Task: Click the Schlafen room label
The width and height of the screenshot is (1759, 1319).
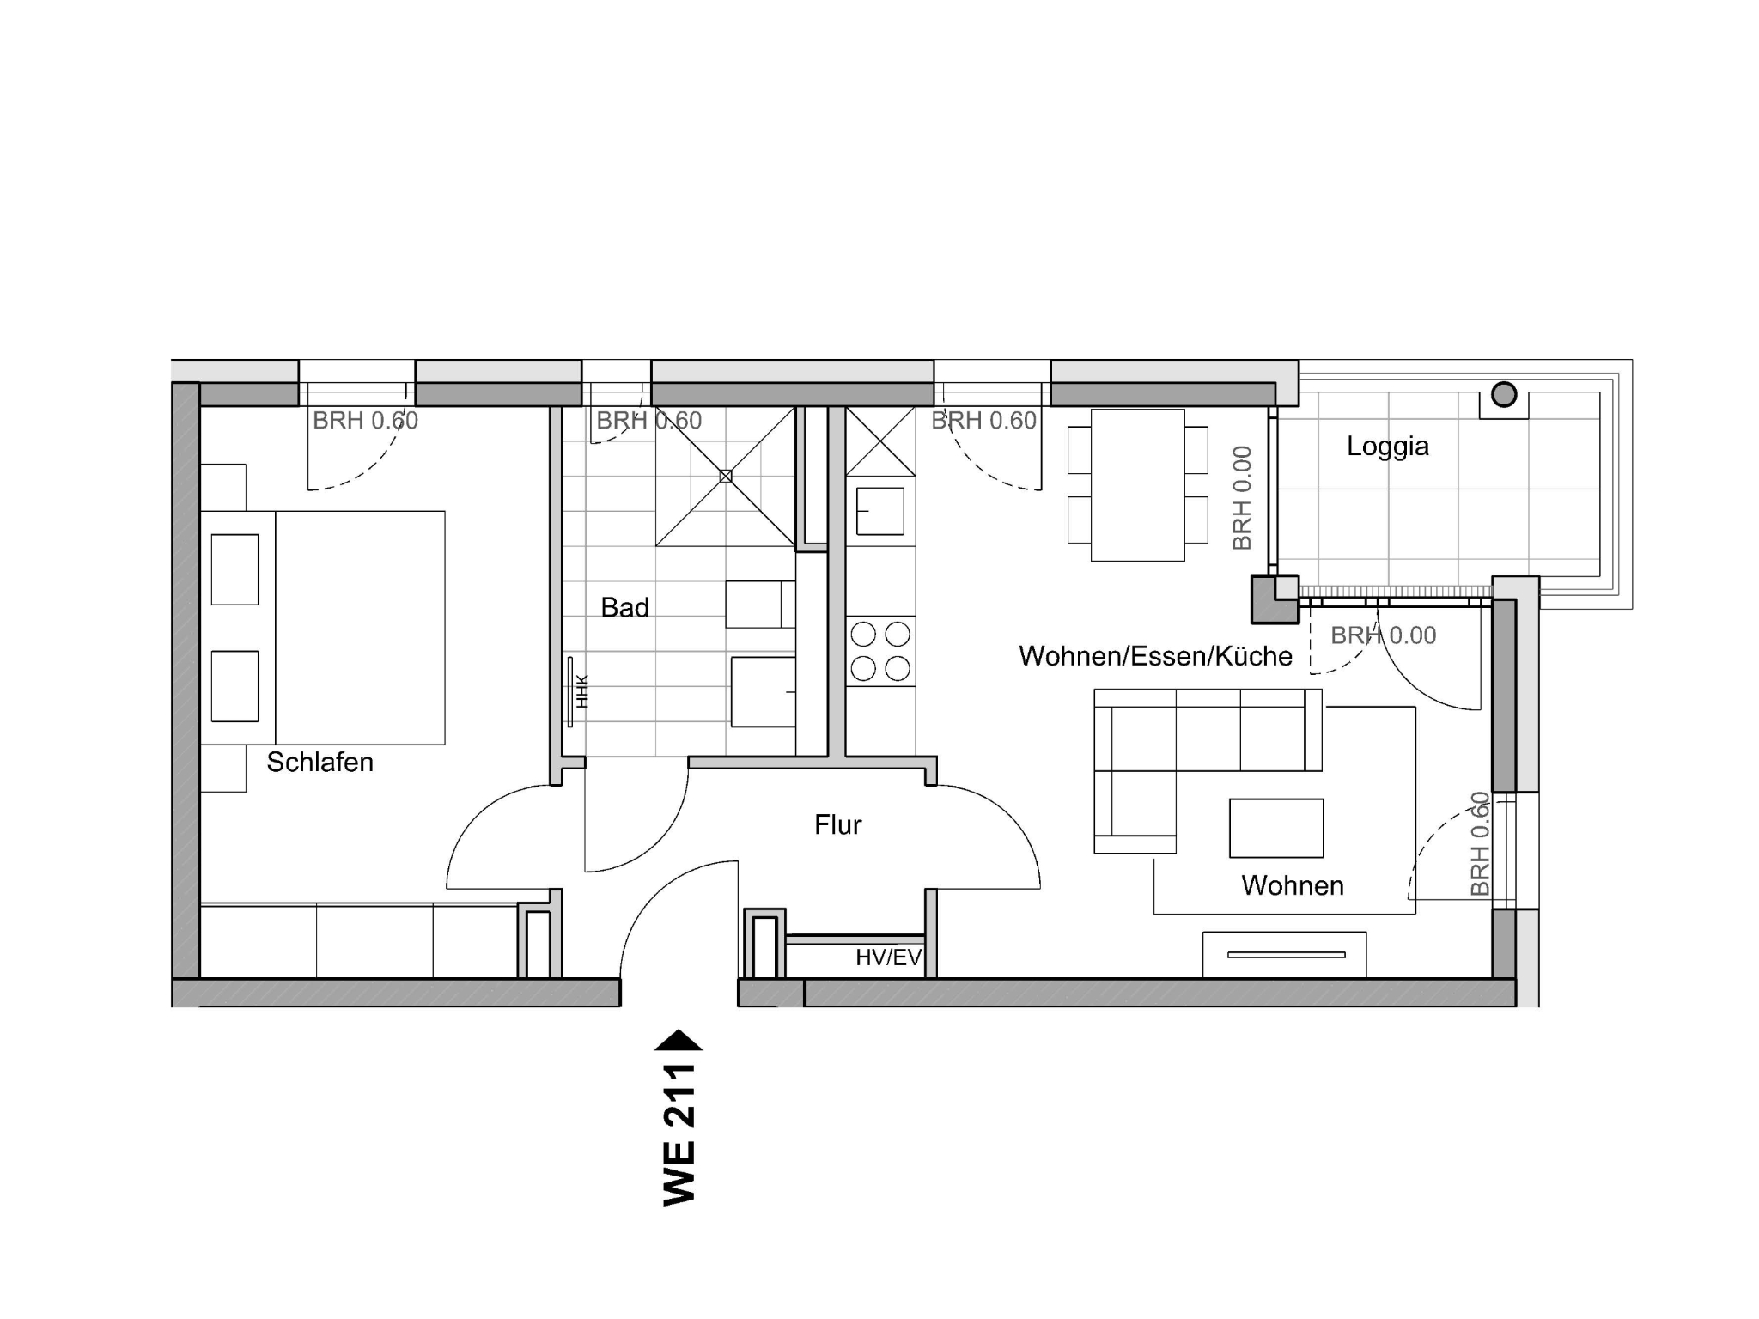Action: (x=320, y=763)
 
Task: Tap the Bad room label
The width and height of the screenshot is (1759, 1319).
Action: (x=624, y=608)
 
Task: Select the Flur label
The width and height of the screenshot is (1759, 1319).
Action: (x=837, y=825)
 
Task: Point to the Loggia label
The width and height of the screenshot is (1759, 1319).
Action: (x=1387, y=447)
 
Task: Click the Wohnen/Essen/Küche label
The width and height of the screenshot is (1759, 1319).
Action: (x=1155, y=656)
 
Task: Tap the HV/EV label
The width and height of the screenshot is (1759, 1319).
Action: (x=888, y=957)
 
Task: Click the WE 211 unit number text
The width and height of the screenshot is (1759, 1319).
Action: (x=679, y=1134)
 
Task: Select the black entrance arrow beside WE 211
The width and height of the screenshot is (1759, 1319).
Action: (x=679, y=1040)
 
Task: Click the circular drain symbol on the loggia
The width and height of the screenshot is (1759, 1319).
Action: (x=1504, y=394)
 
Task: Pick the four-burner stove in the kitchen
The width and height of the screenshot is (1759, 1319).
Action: (x=880, y=651)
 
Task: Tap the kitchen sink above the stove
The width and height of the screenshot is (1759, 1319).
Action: (x=880, y=511)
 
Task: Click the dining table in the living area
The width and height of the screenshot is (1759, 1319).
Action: (x=1138, y=485)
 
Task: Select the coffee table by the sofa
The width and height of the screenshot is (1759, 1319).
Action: (x=1276, y=828)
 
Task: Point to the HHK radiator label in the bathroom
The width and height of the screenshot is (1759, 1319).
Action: (x=583, y=691)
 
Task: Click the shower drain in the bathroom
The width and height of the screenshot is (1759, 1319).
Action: (x=726, y=476)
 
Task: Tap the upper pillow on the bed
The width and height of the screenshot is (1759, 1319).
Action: (x=234, y=569)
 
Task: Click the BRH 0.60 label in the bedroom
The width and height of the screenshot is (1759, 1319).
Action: (x=365, y=421)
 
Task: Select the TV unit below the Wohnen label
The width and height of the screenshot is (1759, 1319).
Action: (x=1284, y=954)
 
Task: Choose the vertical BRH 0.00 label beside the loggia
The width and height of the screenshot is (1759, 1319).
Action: (x=1242, y=498)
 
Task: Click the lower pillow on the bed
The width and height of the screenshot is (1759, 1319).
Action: (x=234, y=686)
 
